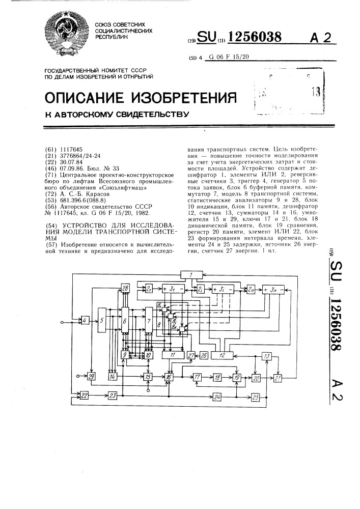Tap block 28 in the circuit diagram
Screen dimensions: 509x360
coord(125,290)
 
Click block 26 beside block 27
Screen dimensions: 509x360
coord(204,355)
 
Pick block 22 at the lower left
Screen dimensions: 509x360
coord(84,395)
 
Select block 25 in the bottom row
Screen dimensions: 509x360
coord(255,397)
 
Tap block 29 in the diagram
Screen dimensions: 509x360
coord(91,377)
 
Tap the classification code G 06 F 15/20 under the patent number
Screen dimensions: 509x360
coord(230,56)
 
